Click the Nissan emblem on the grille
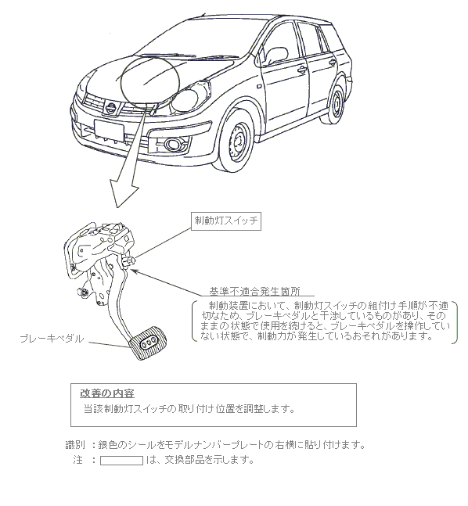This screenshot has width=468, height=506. coord(111,108)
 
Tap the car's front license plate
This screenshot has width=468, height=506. coord(109,131)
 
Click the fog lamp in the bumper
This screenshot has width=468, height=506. coord(175,144)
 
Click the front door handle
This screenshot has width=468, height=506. coord(302,70)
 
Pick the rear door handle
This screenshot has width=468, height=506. coord(332,63)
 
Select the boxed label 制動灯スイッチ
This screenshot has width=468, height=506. coord(226,221)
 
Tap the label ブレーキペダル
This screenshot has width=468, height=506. coord(52,339)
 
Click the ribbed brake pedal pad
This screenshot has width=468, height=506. coord(148,343)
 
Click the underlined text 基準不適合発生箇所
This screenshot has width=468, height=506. coord(255,292)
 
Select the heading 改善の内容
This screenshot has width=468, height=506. coord(107,393)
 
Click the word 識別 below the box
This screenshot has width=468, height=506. coord(75,445)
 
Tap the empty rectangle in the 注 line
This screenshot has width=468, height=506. coord(121,460)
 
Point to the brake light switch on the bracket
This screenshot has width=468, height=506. coord(128,261)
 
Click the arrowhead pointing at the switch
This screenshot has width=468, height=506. coord(135,271)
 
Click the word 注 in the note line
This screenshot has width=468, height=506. coord(77,460)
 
